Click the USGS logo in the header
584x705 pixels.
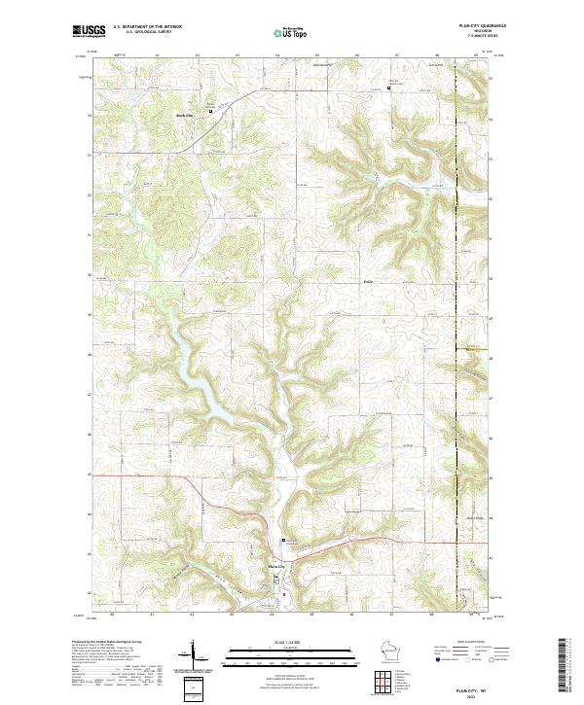(88, 31)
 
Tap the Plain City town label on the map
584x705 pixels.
(276, 566)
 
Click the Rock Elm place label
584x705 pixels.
(185, 114)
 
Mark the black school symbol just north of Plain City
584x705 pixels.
(283, 541)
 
